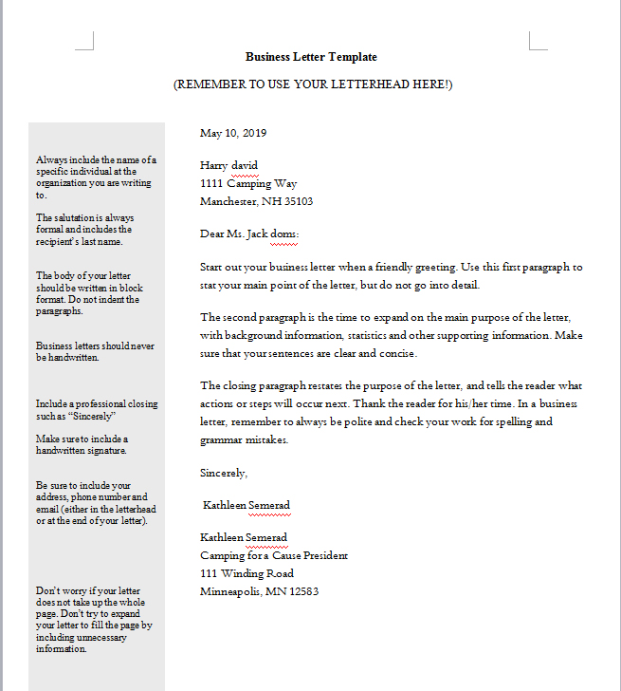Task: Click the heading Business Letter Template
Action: point(311,57)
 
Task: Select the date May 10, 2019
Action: point(233,133)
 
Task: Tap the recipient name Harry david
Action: point(228,165)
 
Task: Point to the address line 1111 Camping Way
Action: point(248,183)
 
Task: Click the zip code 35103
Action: point(298,201)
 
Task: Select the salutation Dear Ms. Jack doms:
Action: point(249,233)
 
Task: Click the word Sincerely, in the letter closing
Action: point(224,472)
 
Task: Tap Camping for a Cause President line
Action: point(274,555)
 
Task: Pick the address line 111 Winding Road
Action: point(247,573)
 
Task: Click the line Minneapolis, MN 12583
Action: point(259,591)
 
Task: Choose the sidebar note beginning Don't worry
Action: point(94,620)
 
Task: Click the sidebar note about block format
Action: point(87,293)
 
